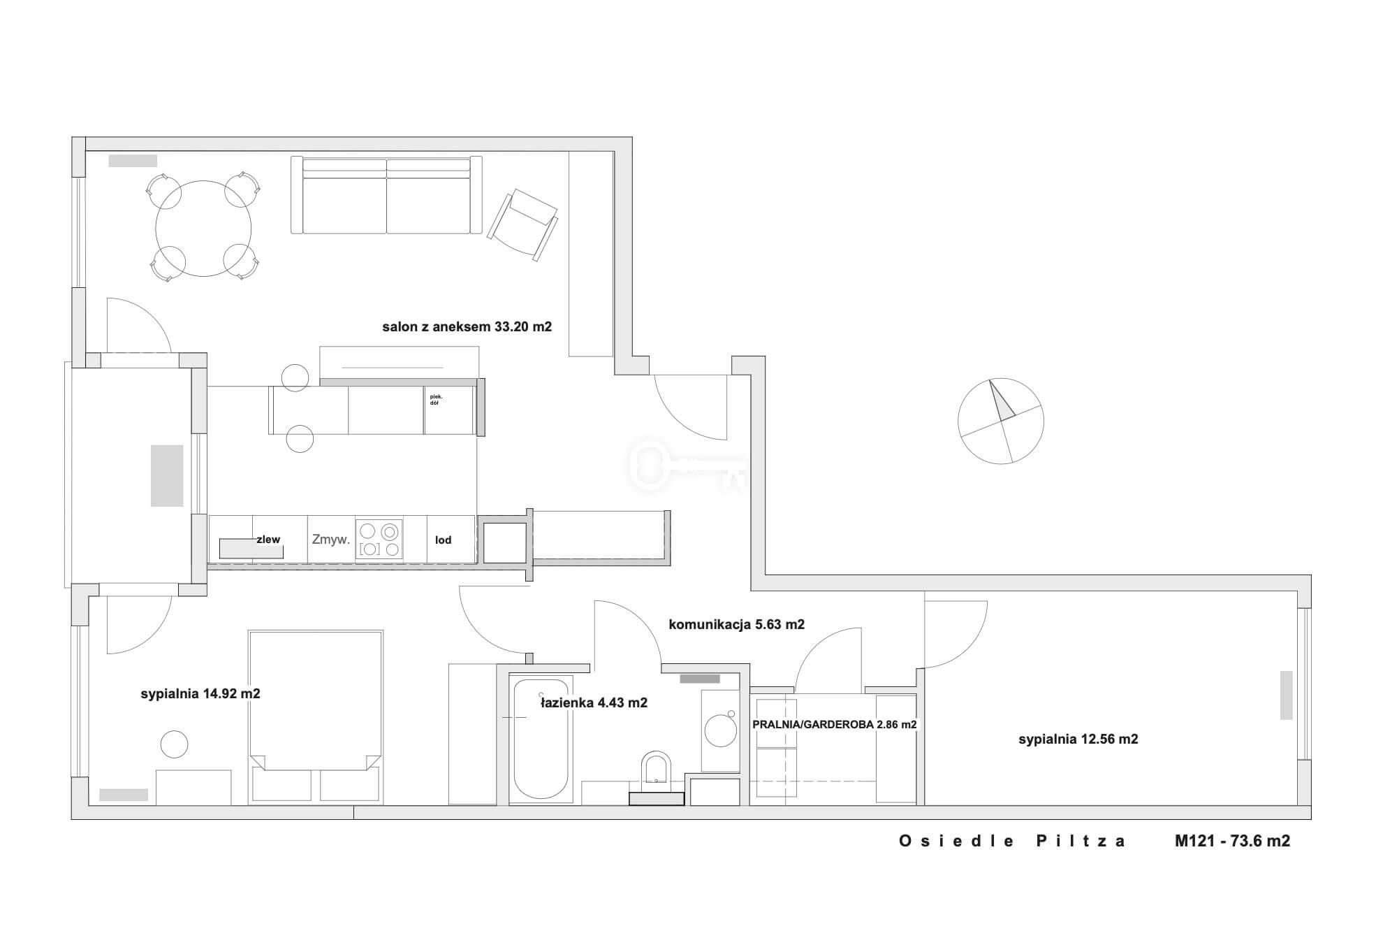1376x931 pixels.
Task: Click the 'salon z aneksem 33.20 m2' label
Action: pyautogui.click(x=467, y=326)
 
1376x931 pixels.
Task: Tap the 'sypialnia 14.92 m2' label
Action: pyautogui.click(x=200, y=693)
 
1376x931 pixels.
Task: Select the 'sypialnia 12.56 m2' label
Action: pyautogui.click(x=1078, y=739)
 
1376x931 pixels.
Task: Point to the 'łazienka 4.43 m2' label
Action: pyautogui.click(x=594, y=702)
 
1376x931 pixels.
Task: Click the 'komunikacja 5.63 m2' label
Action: pyautogui.click(x=737, y=624)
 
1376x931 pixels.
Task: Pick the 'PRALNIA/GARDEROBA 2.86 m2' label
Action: pyautogui.click(x=835, y=725)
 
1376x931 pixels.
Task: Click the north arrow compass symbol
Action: pyautogui.click(x=1001, y=421)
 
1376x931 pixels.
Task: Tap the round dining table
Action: pyautogui.click(x=203, y=229)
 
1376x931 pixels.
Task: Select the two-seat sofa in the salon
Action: pyautogui.click(x=386, y=195)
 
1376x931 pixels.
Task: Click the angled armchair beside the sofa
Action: pyautogui.click(x=524, y=224)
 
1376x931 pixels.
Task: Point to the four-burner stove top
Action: pyautogui.click(x=379, y=539)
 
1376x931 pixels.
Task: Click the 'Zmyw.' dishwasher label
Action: pyautogui.click(x=331, y=540)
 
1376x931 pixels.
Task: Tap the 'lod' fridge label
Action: pyautogui.click(x=444, y=540)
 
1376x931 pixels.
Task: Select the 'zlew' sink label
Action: pyautogui.click(x=268, y=539)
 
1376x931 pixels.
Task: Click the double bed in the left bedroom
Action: pyautogui.click(x=316, y=716)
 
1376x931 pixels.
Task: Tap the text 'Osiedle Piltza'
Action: pyautogui.click(x=1012, y=841)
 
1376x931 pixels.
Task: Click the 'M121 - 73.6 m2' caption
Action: pyautogui.click(x=1233, y=841)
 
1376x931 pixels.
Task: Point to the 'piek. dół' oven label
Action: pyautogui.click(x=437, y=400)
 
